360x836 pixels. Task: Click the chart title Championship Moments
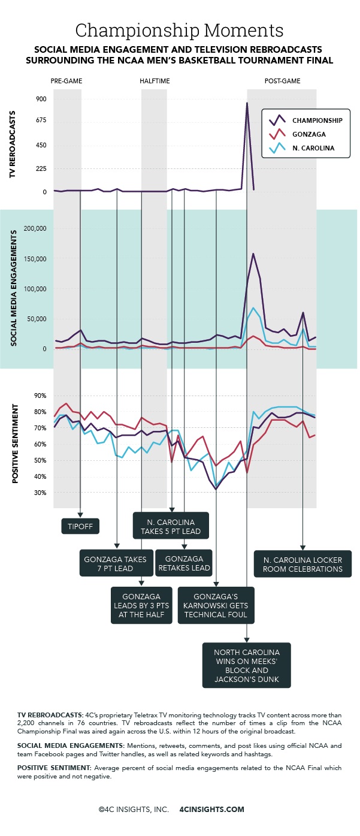180,30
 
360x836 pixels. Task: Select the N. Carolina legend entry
314,147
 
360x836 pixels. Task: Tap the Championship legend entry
317,120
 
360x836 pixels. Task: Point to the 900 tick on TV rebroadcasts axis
41,99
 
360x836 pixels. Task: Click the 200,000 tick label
33,228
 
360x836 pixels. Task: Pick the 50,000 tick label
35,319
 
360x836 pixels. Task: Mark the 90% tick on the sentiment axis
40,396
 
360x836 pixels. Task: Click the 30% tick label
40,493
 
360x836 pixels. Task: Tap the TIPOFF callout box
80,526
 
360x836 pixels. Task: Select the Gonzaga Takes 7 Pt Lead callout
116,563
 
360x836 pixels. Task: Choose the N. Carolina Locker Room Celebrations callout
302,564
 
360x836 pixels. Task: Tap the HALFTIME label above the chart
154,80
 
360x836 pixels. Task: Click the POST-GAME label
282,80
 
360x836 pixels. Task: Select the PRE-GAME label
66,80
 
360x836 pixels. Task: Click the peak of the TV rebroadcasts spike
247,103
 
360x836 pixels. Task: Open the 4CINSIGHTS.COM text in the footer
212,809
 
